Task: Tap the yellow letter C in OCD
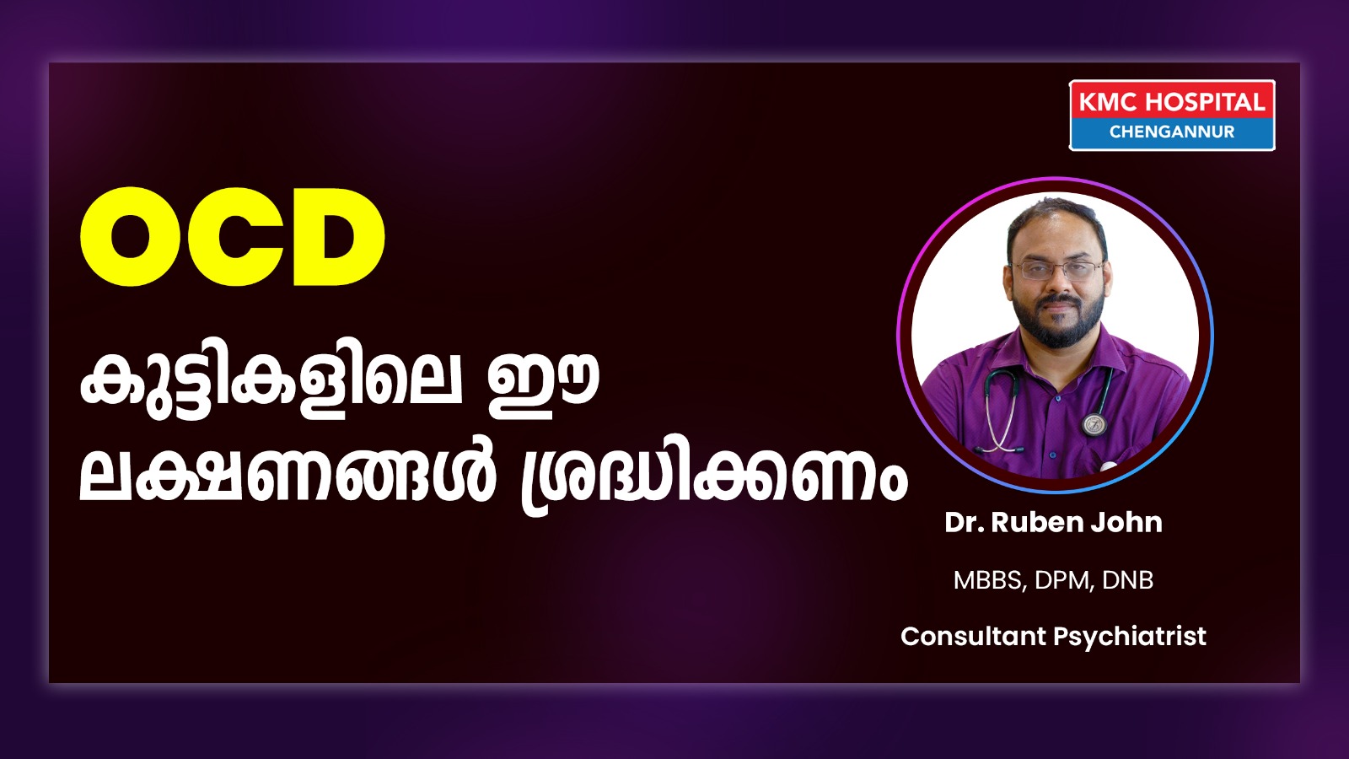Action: (x=234, y=236)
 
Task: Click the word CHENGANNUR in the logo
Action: (x=1172, y=132)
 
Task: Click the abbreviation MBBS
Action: (x=987, y=581)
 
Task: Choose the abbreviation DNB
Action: (x=1128, y=580)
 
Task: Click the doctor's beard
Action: (x=1058, y=320)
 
